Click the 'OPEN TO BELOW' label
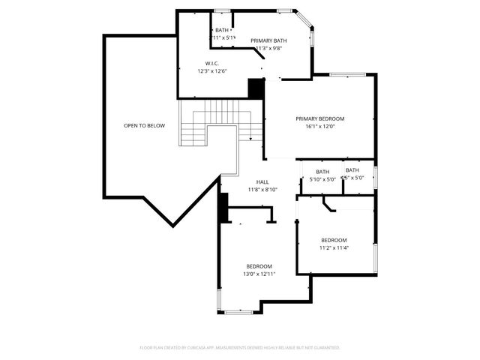pyautogui.click(x=144, y=125)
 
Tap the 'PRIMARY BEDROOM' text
pyautogui.click(x=319, y=118)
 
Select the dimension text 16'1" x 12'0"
pyautogui.click(x=319, y=127)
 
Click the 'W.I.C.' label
pyautogui.click(x=212, y=63)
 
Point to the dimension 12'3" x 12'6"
pyautogui.click(x=212, y=71)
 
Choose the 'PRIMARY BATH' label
pyautogui.click(x=268, y=40)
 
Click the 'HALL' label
pyautogui.click(x=262, y=182)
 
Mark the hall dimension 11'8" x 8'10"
pyautogui.click(x=262, y=190)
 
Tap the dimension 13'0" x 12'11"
pyautogui.click(x=259, y=274)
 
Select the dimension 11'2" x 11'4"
pyautogui.click(x=334, y=247)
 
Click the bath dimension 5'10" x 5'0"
pyautogui.click(x=322, y=179)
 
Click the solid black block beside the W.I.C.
pyautogui.click(x=256, y=88)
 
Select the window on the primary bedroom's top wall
pyautogui.click(x=347, y=74)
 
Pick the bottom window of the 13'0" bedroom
pyautogui.click(x=238, y=313)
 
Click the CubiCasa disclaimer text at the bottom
pyautogui.click(x=240, y=347)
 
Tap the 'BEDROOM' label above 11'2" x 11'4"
pyautogui.click(x=334, y=239)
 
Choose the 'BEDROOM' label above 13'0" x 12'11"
pyautogui.click(x=259, y=266)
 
